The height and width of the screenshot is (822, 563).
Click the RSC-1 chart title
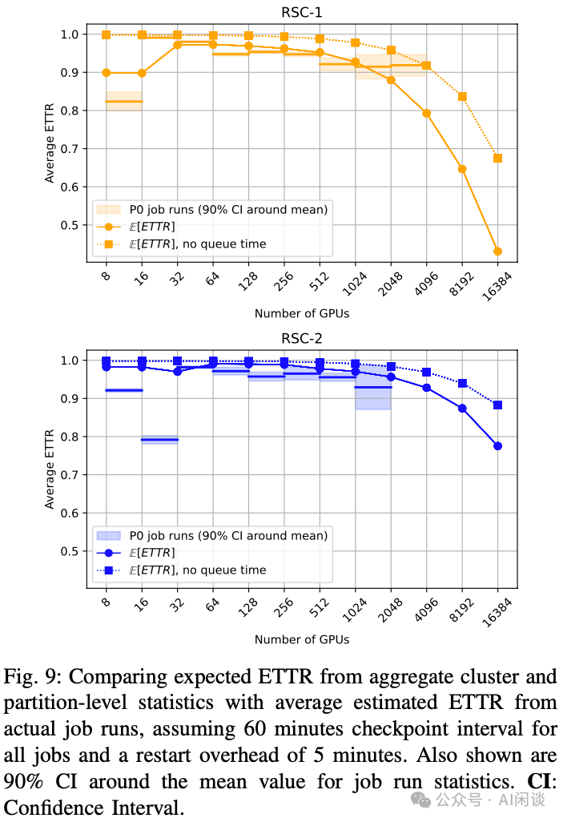click(x=301, y=11)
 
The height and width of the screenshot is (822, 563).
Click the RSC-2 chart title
click(x=301, y=338)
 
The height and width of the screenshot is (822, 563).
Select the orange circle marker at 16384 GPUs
click(x=497, y=252)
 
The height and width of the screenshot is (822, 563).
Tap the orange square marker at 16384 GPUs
click(x=497, y=158)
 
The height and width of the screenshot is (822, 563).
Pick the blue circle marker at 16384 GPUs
click(x=497, y=446)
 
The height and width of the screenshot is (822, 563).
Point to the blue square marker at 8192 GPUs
click(x=462, y=383)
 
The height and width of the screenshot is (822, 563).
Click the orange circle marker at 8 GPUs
click(x=107, y=73)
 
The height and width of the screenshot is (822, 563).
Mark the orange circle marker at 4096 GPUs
click(x=426, y=113)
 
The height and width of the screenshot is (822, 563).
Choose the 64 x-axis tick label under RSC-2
click(x=212, y=608)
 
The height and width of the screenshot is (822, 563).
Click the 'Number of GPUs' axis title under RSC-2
click(x=301, y=639)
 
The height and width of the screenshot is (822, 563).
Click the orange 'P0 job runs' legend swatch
click(x=108, y=210)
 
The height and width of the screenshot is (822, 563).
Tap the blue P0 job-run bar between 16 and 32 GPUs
click(x=159, y=440)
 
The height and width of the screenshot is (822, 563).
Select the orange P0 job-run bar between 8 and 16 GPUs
click(x=124, y=102)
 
